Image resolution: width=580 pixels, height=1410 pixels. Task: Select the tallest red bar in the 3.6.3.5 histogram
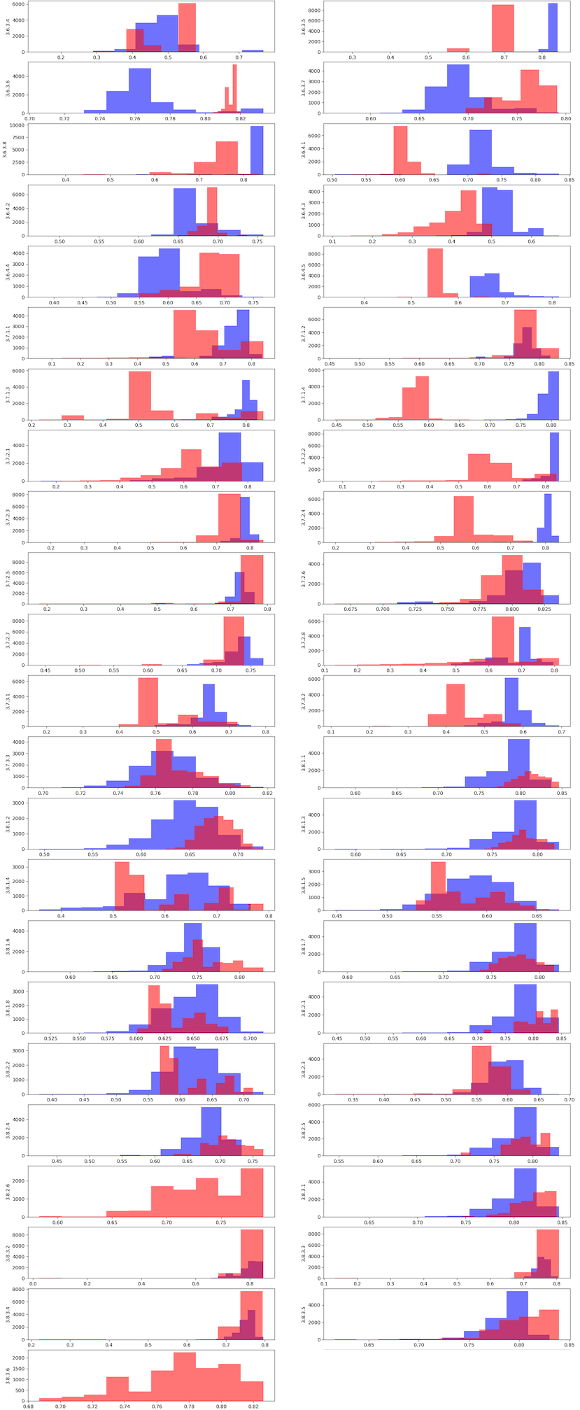click(x=502, y=29)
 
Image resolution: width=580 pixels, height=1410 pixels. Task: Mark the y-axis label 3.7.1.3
click(x=8, y=395)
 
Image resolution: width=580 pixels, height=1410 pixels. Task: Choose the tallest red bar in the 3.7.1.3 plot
click(x=140, y=395)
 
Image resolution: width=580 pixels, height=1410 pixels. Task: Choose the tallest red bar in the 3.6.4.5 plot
click(x=434, y=273)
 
